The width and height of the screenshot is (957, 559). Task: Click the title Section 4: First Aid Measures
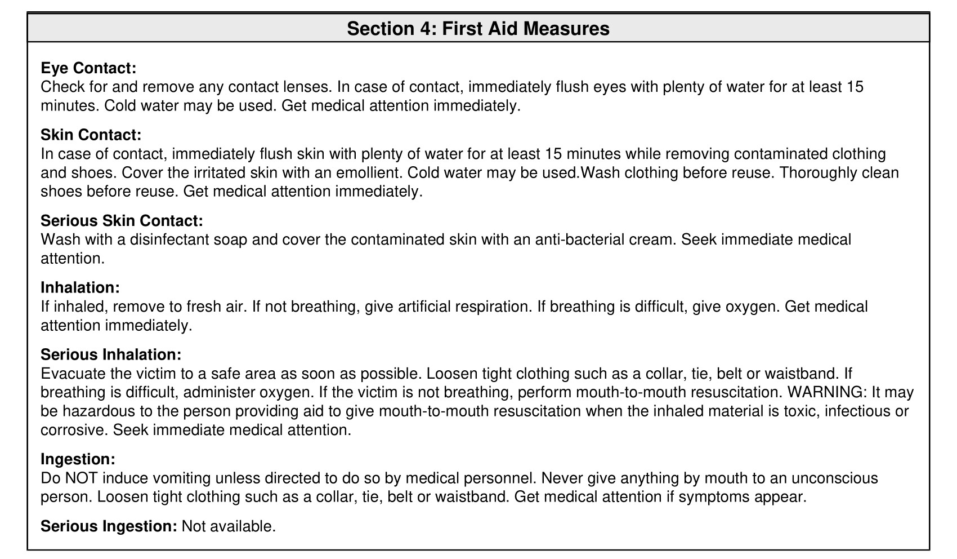click(x=478, y=28)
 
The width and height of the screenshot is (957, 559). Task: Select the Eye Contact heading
click(x=88, y=68)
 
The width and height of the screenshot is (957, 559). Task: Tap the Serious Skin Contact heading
click(x=122, y=221)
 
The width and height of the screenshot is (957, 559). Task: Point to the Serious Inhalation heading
click(x=111, y=355)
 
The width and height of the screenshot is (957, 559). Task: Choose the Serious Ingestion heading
click(x=109, y=526)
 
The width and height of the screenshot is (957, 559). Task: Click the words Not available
click(x=229, y=526)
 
